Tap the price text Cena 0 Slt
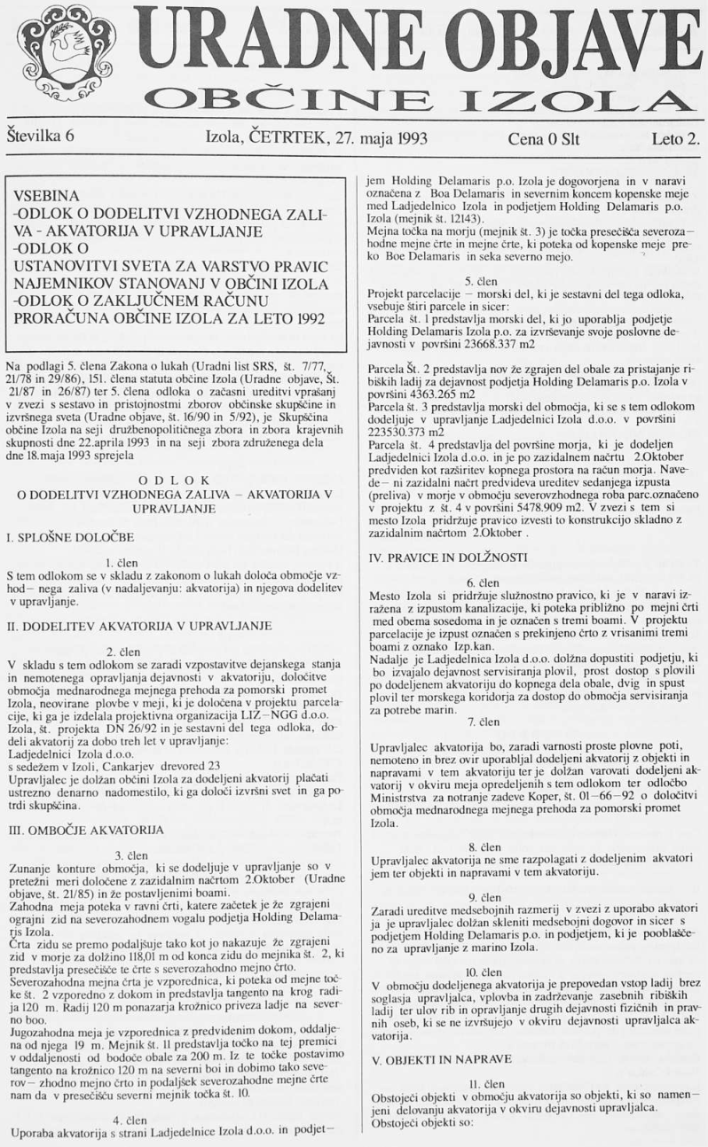coord(543,139)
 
